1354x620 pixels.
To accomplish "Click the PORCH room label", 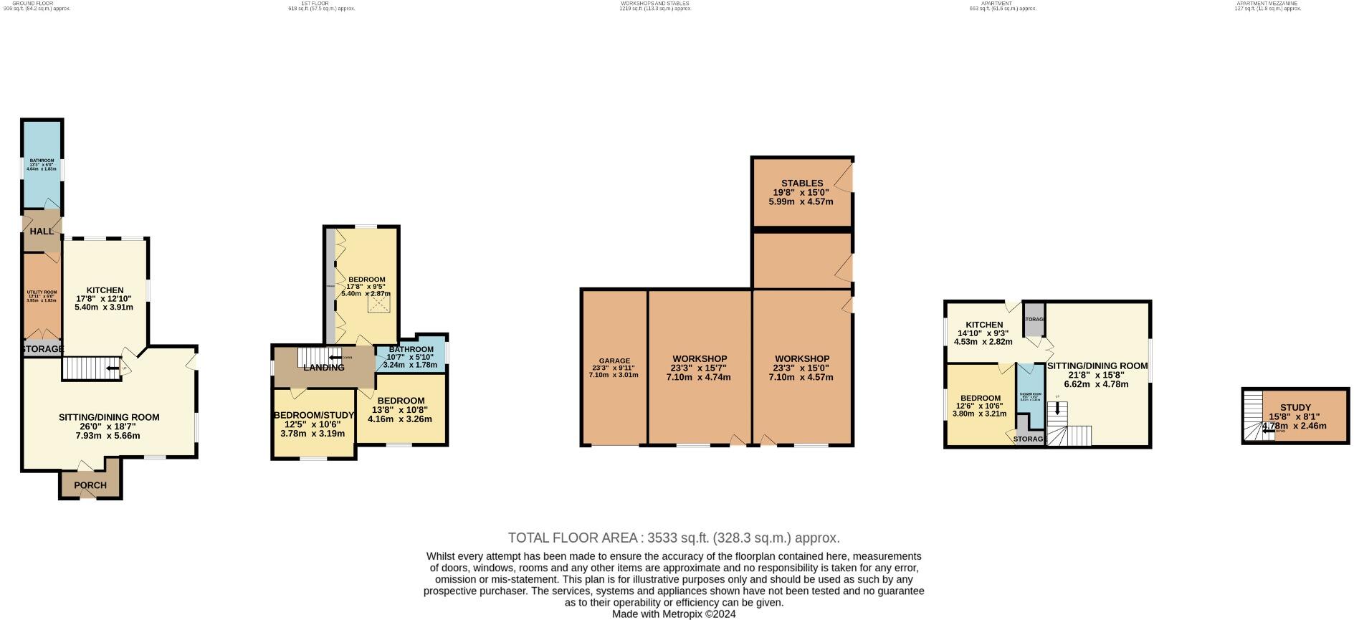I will coord(90,485).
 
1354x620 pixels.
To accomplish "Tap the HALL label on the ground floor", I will coord(42,232).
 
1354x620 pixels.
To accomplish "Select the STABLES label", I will coord(802,183).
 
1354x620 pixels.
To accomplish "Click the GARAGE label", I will coord(614,361).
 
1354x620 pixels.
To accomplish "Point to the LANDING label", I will coord(324,368).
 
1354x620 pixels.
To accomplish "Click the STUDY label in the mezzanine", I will coord(1295,408).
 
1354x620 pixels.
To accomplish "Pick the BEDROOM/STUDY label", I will coord(315,416).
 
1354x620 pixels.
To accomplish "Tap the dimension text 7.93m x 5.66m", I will coord(108,435).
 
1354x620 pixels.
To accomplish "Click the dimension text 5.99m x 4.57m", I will coord(801,201).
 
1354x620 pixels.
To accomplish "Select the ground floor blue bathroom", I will coord(42,168).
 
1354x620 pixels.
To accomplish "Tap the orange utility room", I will coord(42,295).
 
